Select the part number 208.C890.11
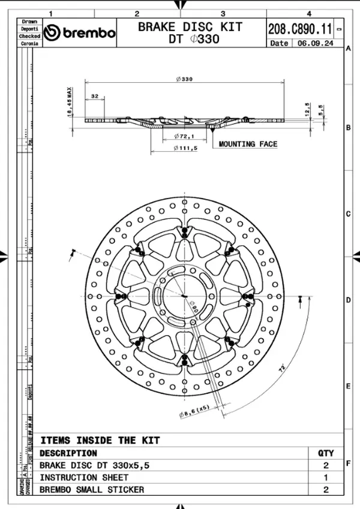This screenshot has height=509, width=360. pos(301,28)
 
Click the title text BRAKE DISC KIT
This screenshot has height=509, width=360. pos(190,26)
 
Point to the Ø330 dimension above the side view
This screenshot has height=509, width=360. pos(184,79)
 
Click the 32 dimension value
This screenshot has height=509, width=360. pos(95,96)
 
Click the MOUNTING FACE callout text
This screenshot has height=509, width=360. pos(248,144)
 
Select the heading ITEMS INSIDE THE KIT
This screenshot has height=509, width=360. pos(100,440)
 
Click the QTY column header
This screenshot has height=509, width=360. pos(326,453)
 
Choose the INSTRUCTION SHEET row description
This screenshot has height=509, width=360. pos(83,477)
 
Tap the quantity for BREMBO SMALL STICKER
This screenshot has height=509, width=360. pos(326,489)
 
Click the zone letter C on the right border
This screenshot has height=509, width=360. pos(348,214)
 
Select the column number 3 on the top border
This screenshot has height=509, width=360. pos(223,13)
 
